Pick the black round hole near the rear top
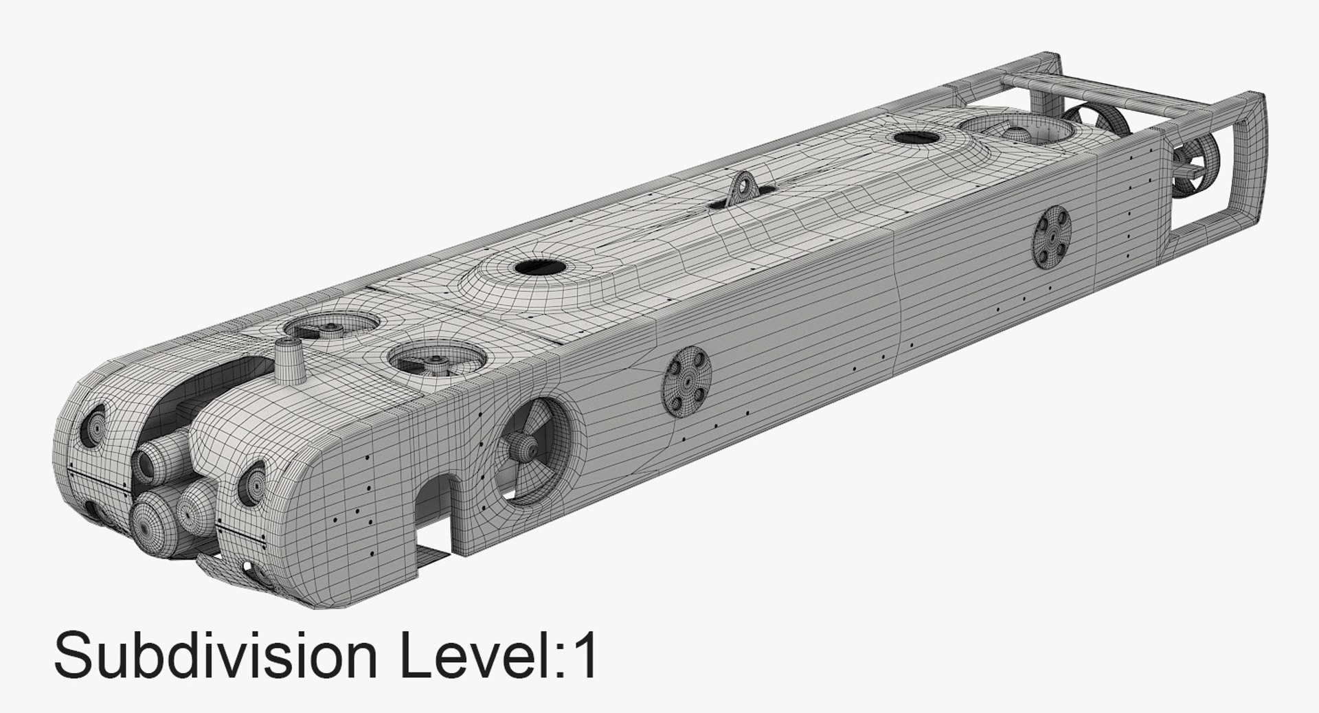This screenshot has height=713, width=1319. tap(916, 137)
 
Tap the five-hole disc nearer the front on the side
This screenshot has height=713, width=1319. tap(686, 382)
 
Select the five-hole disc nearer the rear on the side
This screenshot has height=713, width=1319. tap(1052, 237)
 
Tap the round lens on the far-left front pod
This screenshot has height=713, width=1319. tap(94, 426)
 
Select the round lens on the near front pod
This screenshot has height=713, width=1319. tap(253, 483)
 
